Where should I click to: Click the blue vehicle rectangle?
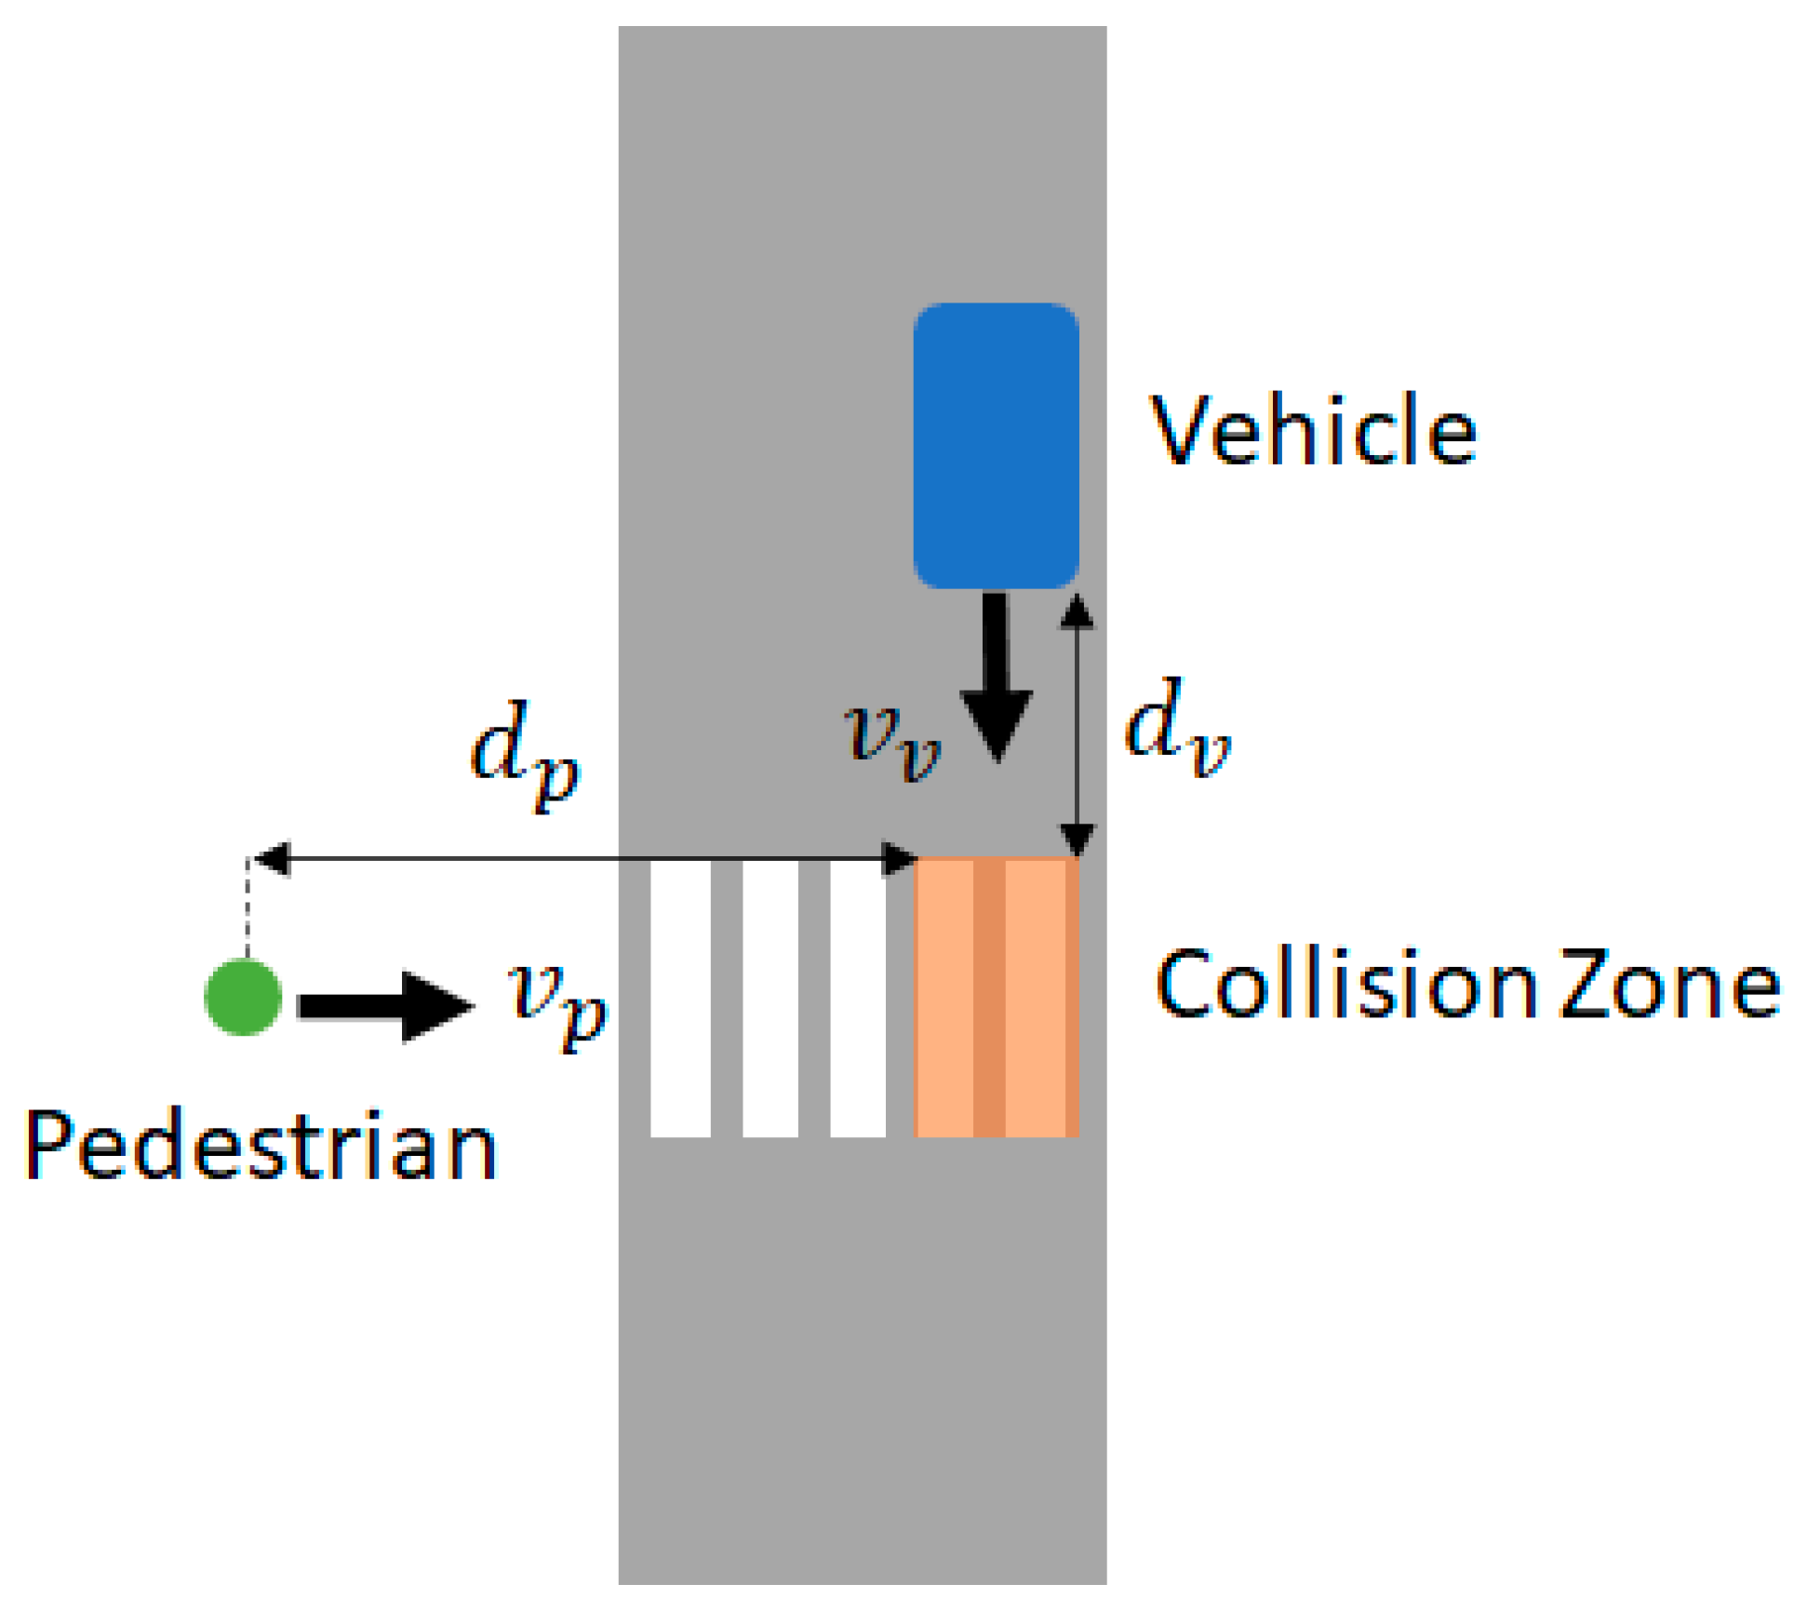[x=996, y=445]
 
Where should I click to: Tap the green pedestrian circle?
[x=243, y=997]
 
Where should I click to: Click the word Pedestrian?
[x=261, y=1146]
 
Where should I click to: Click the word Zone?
[x=1669, y=985]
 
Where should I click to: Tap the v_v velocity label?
[x=892, y=740]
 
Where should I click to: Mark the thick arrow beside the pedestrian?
[x=385, y=1006]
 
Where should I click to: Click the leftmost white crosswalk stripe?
[x=680, y=998]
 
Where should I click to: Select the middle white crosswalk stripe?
[x=770, y=998]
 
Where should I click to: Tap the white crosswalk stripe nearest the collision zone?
[x=857, y=998]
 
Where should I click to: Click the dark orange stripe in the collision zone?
[x=989, y=998]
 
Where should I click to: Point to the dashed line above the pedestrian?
[x=247, y=907]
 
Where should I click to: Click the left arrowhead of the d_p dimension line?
[x=271, y=859]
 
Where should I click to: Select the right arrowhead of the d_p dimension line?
[x=900, y=859]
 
